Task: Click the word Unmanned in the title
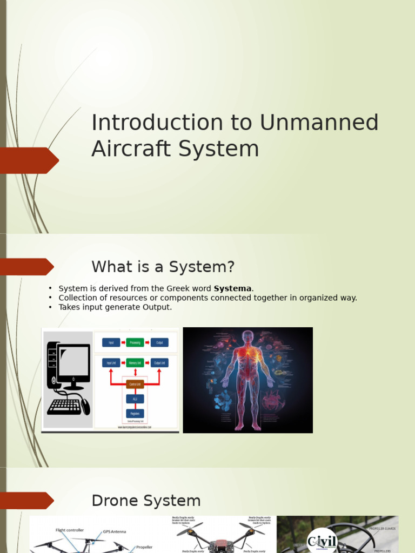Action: point(319,123)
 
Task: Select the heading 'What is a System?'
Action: point(163,267)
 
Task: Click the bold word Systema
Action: point(233,288)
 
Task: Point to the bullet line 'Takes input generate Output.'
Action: point(115,307)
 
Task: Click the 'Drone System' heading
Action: point(146,501)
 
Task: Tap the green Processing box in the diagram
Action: point(135,342)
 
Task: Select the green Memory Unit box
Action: point(135,363)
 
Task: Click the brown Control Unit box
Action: point(135,384)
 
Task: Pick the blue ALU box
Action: point(135,399)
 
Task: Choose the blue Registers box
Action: point(135,413)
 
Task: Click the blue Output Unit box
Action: point(159,363)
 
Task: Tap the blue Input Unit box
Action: point(111,363)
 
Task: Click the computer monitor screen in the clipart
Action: point(73,361)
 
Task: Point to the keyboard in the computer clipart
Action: point(64,407)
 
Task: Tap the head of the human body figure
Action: point(247,336)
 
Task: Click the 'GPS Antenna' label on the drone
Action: point(114,531)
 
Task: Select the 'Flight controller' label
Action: point(68,530)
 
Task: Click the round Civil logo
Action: point(322,541)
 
